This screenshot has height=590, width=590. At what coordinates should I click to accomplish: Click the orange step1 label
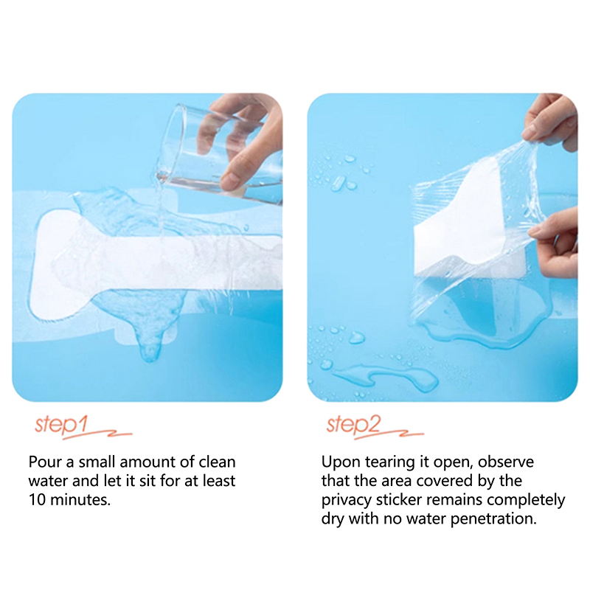[62, 425]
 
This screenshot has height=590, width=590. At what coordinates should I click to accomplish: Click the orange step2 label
[354, 425]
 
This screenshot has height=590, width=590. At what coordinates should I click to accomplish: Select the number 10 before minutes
[37, 500]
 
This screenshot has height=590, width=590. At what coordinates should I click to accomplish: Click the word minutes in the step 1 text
[80, 500]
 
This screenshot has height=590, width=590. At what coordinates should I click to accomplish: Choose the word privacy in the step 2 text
[346, 500]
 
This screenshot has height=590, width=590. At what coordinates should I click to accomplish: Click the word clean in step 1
[217, 462]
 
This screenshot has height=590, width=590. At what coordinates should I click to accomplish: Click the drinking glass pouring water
[218, 154]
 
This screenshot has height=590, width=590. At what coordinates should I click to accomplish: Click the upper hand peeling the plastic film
[551, 122]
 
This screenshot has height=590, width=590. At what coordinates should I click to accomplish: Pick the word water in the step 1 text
[48, 481]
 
